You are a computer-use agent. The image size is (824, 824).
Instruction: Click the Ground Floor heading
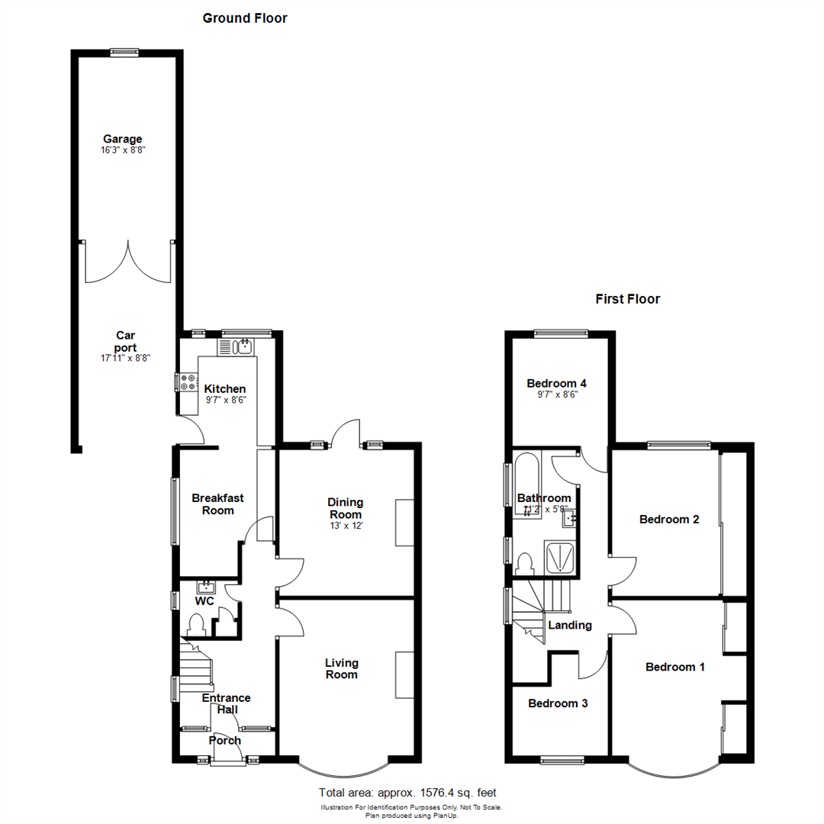(245, 18)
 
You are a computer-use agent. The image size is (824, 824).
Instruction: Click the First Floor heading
(627, 299)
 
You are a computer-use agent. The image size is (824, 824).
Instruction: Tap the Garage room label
(123, 139)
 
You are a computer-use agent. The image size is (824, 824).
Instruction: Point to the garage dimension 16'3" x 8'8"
(123, 150)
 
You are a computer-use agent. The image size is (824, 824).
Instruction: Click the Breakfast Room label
(217, 504)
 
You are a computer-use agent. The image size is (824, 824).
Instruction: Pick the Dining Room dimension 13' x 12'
(346, 526)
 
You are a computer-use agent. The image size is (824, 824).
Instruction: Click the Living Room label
(341, 668)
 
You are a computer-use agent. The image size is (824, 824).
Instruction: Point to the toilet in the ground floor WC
(197, 625)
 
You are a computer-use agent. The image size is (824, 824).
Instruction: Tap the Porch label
(225, 740)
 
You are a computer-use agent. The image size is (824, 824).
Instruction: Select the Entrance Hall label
(226, 703)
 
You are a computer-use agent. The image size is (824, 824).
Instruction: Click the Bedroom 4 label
(556, 383)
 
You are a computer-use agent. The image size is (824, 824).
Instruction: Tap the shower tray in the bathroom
(560, 557)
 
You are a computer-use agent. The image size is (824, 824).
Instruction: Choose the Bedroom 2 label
(669, 520)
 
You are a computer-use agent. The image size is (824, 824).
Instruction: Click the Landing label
(570, 625)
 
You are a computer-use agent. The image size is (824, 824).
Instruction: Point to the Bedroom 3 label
(558, 703)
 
